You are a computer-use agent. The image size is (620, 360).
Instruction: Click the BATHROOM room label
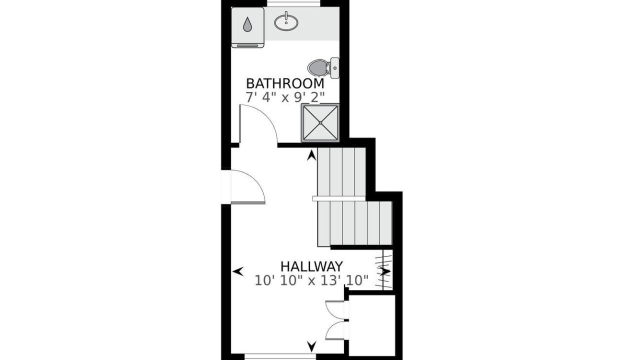[x=285, y=83]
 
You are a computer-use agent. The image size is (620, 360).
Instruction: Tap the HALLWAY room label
[x=311, y=266]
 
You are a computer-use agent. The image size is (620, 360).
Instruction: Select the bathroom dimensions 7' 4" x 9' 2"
[x=285, y=97]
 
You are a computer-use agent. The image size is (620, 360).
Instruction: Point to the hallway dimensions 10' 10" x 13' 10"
[x=311, y=280]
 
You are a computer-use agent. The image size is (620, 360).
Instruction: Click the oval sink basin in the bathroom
[x=286, y=22]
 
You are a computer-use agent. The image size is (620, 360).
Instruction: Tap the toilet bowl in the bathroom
[x=318, y=67]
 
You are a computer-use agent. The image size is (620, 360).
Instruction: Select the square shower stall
[x=320, y=122]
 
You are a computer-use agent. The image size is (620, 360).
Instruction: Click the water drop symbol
[x=247, y=24]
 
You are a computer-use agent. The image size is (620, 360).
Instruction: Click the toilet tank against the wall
[x=335, y=68]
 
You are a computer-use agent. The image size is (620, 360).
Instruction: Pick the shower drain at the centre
[x=320, y=122]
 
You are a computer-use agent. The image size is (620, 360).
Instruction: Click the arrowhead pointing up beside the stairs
[x=311, y=155]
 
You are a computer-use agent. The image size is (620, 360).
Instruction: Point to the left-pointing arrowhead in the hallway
[x=238, y=271]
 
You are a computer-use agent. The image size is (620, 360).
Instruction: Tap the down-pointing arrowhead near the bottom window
[x=311, y=346]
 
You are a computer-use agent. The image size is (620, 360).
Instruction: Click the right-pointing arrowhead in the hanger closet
[x=385, y=271]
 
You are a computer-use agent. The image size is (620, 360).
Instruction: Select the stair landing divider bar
[x=339, y=198]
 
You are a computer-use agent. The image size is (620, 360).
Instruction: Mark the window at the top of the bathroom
[x=293, y=3]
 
